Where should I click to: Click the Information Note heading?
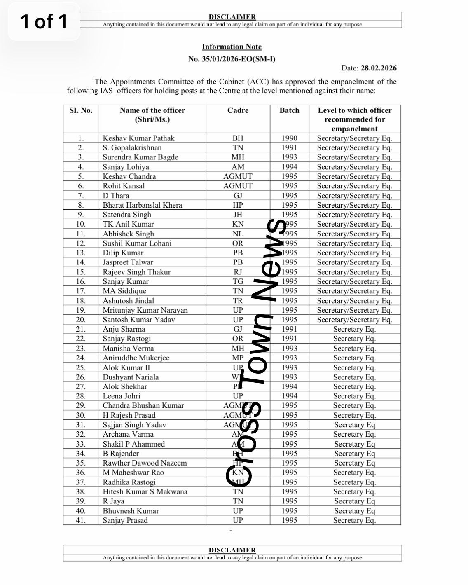pos(232,47)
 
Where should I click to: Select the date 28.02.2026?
pos(379,68)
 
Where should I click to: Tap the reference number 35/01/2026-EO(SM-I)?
pos(239,59)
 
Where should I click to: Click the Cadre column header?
pos(238,110)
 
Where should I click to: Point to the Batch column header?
pos(289,110)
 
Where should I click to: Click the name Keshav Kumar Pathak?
pos(138,138)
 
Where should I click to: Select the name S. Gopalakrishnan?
pos(132,148)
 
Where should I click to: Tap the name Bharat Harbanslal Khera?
pos(142,205)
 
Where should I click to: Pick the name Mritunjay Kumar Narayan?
pos(145,310)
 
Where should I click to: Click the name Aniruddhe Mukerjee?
pos(136,358)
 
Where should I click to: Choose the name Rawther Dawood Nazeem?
pos(145,463)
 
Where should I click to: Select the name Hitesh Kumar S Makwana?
pos(145,492)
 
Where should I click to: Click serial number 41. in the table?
pos(81,520)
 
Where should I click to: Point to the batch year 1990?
pos(289,138)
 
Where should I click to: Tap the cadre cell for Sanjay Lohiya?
pos(238,167)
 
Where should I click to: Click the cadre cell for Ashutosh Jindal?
pos(238,301)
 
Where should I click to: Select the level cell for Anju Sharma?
pos(354,329)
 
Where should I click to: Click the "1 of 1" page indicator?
pos(44,21)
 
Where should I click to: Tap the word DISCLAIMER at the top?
pos(232,17)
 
